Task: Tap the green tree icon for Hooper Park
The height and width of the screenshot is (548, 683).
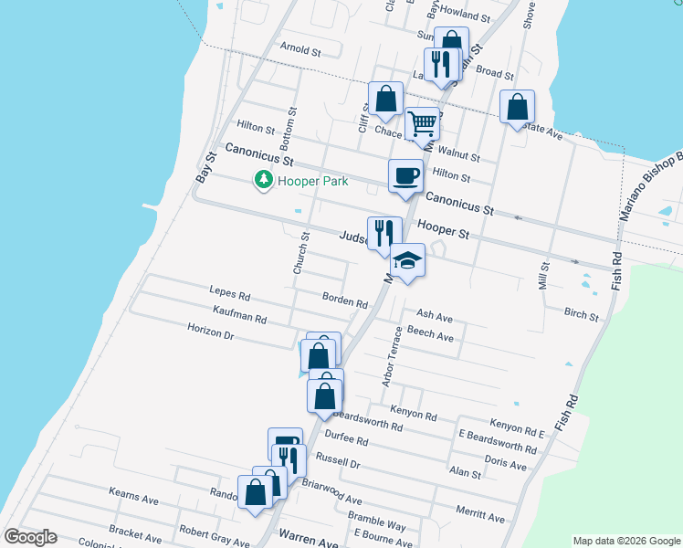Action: pos(264,180)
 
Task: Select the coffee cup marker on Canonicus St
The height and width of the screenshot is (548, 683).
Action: pos(405,176)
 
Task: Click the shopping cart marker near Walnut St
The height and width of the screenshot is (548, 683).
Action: pos(421,124)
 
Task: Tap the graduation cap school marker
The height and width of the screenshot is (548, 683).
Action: pos(407,260)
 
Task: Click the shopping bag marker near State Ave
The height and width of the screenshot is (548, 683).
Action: pos(518,107)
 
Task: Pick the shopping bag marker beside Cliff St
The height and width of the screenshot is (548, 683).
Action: pos(385,99)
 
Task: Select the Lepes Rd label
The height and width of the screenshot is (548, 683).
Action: pos(229,294)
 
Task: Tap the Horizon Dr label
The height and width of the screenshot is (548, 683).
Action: pos(211,332)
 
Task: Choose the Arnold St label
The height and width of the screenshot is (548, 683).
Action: pos(300,51)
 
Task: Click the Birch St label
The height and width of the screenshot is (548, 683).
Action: pos(582,315)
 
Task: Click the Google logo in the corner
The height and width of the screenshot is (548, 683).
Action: pos(30,537)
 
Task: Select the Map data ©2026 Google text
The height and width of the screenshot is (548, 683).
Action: pos(625,541)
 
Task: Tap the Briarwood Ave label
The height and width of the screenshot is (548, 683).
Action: pos(331,493)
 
